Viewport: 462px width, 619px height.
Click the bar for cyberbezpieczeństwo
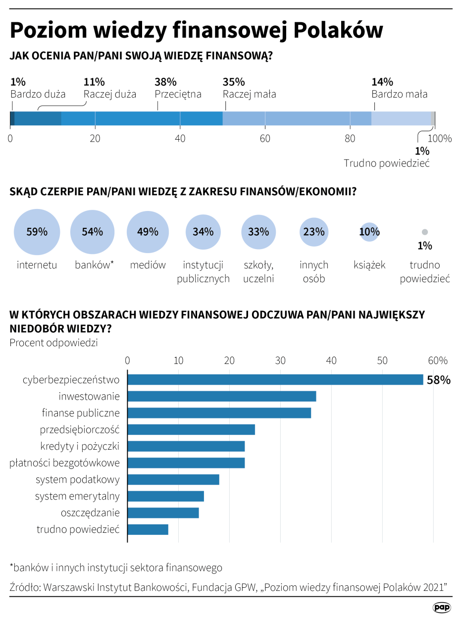pyautogui.click(x=275, y=380)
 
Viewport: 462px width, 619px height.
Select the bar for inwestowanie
pyautogui.click(x=222, y=396)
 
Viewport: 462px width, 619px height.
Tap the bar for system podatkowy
pyautogui.click(x=173, y=479)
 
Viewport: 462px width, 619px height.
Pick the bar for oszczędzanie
pyautogui.click(x=163, y=513)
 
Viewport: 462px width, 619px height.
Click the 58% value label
pyautogui.click(x=439, y=380)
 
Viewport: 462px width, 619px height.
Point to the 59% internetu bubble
pyautogui.click(x=37, y=231)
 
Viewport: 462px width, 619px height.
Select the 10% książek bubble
pyautogui.click(x=369, y=231)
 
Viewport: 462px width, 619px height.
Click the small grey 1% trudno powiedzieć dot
pyautogui.click(x=424, y=232)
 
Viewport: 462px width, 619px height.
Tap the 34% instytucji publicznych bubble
pyautogui.click(x=203, y=231)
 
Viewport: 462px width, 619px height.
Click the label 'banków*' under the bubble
pyautogui.click(x=94, y=265)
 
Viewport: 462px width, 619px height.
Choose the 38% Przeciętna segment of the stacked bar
pyautogui.click(x=142, y=119)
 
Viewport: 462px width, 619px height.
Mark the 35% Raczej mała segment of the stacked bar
pyautogui.click(x=297, y=119)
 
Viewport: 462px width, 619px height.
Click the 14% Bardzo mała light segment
pyautogui.click(x=401, y=119)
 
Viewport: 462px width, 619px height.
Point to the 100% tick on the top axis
pyautogui.click(x=440, y=139)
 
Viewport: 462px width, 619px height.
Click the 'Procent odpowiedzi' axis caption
pyautogui.click(x=53, y=343)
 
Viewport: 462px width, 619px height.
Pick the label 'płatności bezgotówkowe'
pyautogui.click(x=65, y=463)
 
